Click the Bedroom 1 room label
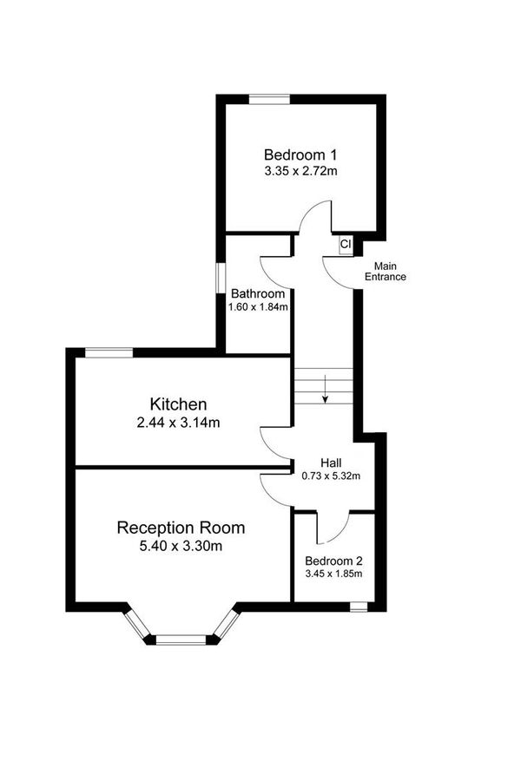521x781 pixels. click(x=301, y=154)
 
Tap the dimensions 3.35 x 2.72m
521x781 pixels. click(x=301, y=172)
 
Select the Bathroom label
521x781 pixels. click(x=257, y=293)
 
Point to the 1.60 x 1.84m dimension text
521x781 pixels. click(x=257, y=306)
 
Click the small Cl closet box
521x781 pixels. click(x=345, y=245)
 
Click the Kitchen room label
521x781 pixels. click(x=178, y=404)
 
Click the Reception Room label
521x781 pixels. click(x=181, y=527)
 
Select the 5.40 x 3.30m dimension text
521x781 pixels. click(x=181, y=547)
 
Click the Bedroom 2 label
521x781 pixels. click(x=334, y=561)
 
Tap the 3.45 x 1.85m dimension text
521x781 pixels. click(x=334, y=574)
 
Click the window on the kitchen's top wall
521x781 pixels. click(x=109, y=352)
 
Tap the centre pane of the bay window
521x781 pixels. click(x=181, y=640)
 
